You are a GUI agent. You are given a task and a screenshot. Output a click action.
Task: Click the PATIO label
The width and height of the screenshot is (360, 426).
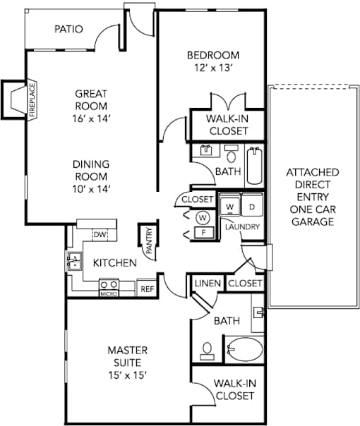tap(68, 29)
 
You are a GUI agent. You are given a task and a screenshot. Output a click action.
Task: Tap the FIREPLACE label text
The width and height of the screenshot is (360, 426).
tap(32, 100)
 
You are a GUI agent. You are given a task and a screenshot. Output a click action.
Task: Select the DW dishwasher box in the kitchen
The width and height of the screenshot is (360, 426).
tap(100, 234)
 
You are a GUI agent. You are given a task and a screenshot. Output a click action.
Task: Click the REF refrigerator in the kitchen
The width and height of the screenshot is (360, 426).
tap(147, 289)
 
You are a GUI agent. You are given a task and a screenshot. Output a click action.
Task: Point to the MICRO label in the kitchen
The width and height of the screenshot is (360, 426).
tap(109, 293)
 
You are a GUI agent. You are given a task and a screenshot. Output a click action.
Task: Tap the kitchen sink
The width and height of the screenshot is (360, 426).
tap(74, 261)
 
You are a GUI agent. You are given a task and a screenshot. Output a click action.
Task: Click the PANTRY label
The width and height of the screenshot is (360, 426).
tap(149, 241)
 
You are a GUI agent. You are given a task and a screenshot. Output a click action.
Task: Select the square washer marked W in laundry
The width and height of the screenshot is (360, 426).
tap(230, 206)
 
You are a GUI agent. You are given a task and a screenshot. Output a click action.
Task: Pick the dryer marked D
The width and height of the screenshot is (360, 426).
tap(252, 206)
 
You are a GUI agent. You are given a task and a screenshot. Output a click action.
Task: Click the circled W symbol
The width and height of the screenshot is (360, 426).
tap(203, 218)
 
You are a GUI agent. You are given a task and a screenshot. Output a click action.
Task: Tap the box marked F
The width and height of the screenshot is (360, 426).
tap(204, 233)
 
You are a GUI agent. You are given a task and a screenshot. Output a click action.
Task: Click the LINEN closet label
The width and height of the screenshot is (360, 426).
tap(208, 284)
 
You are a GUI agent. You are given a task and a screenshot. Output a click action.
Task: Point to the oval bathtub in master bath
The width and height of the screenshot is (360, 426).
tap(245, 349)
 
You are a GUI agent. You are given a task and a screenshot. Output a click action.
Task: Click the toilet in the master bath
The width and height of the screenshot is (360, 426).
tap(208, 351)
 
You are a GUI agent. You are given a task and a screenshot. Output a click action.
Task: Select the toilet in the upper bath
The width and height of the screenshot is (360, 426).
tap(232, 154)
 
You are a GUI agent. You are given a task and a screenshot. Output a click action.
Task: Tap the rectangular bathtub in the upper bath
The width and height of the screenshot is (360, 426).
tap(255, 166)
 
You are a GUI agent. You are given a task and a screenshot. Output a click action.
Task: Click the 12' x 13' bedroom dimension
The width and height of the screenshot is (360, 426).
tap(213, 68)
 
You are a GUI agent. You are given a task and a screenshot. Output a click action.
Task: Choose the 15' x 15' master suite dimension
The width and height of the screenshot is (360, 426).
tap(128, 375)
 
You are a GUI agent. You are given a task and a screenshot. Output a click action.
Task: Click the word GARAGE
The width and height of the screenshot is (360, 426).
tap(313, 221)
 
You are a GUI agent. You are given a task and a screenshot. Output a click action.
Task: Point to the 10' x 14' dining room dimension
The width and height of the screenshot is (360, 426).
tap(91, 189)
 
